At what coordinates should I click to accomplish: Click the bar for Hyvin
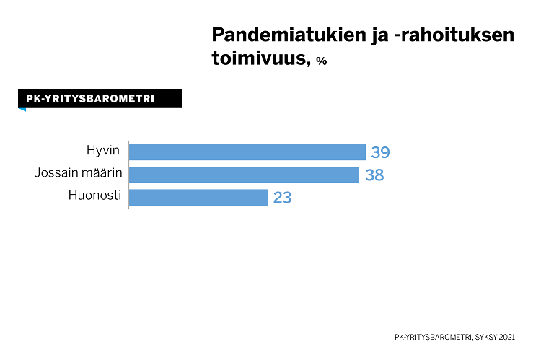247,152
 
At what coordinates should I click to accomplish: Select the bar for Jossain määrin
244,174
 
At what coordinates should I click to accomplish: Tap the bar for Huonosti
198,197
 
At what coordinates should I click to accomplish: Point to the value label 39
380,152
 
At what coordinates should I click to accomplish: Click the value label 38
374,175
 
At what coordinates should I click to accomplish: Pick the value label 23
282,198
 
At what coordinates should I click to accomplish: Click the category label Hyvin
102,150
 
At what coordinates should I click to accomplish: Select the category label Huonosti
94,195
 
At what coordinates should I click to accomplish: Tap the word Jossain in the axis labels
55,172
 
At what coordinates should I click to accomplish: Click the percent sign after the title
321,61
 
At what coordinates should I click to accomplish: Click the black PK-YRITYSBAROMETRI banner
100,99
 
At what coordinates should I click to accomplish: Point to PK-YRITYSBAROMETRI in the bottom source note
433,337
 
